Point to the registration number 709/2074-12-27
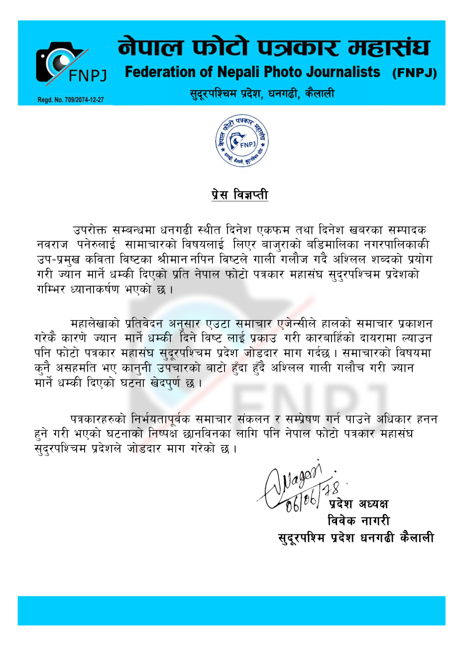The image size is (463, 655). pyautogui.click(x=71, y=100)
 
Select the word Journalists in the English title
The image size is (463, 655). pyautogui.click(x=343, y=72)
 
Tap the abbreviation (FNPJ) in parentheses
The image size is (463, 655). pyautogui.click(x=414, y=73)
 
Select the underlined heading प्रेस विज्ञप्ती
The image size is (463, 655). pyautogui.click(x=239, y=195)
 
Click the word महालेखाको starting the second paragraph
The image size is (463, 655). pyautogui.click(x=95, y=324)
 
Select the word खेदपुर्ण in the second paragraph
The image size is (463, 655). pyautogui.click(x=172, y=383)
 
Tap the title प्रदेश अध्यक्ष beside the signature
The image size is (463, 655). pyautogui.click(x=358, y=504)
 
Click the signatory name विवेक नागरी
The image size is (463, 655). pyautogui.click(x=358, y=521)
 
